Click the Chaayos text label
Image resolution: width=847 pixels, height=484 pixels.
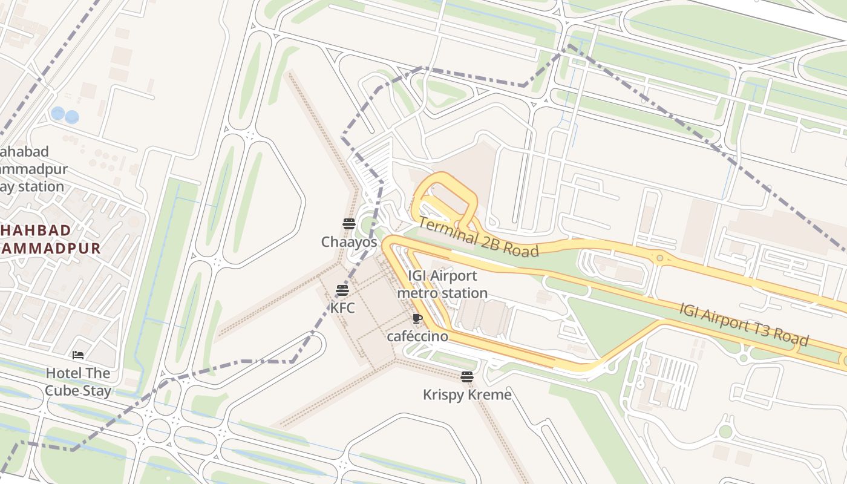[x=349, y=243]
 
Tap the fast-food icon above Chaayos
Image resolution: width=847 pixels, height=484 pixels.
[x=348, y=224]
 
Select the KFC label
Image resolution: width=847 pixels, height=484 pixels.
[x=342, y=308]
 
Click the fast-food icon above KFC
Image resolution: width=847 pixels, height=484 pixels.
[x=342, y=290]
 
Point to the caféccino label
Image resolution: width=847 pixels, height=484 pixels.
[x=417, y=336]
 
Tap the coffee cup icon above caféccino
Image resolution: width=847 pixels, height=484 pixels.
[x=417, y=318]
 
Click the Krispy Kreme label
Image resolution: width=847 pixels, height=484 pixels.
[x=467, y=395]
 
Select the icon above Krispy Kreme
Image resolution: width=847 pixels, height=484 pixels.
[x=466, y=377]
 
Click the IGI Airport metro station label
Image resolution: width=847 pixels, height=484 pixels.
[x=442, y=284]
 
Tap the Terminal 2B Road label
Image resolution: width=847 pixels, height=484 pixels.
[x=478, y=237]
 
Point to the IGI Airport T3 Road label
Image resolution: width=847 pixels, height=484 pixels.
[x=744, y=325]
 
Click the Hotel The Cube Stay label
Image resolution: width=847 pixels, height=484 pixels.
[x=78, y=382]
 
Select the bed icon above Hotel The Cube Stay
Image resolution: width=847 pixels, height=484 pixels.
[x=77, y=355]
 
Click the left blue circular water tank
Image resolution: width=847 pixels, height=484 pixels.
[x=58, y=113]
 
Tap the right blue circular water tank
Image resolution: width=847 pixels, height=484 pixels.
[x=72, y=116]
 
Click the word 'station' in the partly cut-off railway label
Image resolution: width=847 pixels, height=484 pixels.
[x=41, y=186]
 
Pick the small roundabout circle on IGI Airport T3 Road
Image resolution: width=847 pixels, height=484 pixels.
[x=660, y=258]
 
